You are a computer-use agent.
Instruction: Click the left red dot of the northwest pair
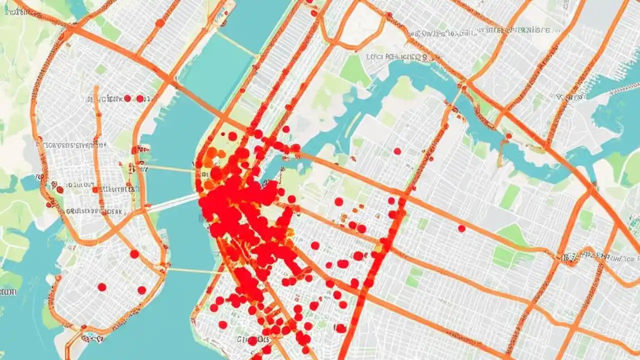tap(127, 98)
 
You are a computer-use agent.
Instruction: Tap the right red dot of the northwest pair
tap(140, 98)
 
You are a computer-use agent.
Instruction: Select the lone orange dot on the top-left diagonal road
tap(159, 22)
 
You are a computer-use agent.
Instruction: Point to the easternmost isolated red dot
tap(461, 228)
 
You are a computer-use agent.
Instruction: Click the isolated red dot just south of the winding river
tap(397, 151)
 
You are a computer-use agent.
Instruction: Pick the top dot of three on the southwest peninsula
tap(134, 254)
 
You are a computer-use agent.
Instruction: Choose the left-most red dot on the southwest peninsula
tap(101, 287)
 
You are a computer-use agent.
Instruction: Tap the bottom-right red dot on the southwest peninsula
tap(141, 290)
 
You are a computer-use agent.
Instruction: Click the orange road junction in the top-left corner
tap(70, 30)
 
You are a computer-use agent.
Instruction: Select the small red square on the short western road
tap(93, 189)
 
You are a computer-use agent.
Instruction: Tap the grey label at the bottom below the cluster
tap(255, 340)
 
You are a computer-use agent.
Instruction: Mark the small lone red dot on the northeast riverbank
tap(508, 135)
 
